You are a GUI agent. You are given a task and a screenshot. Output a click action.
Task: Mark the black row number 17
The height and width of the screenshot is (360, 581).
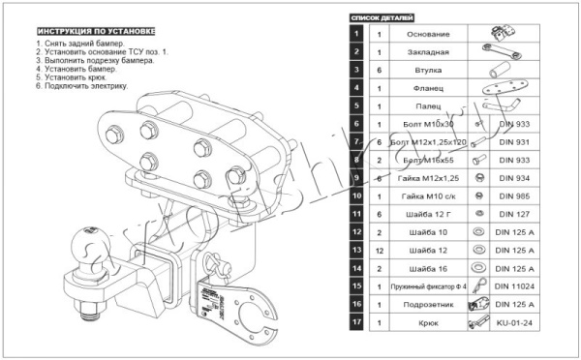(x=356, y=323)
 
